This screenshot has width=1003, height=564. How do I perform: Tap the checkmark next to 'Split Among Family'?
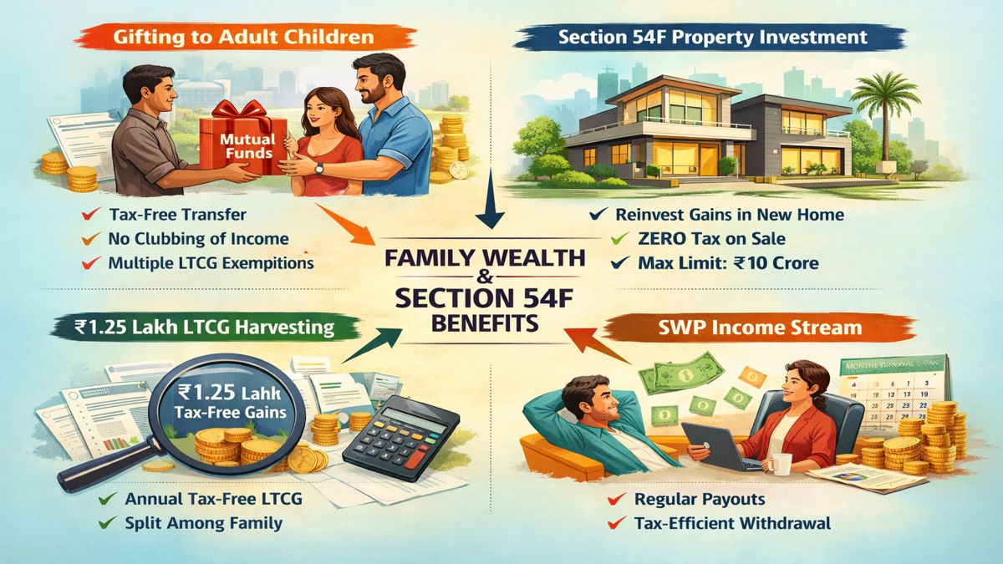pyautogui.click(x=107, y=525)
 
